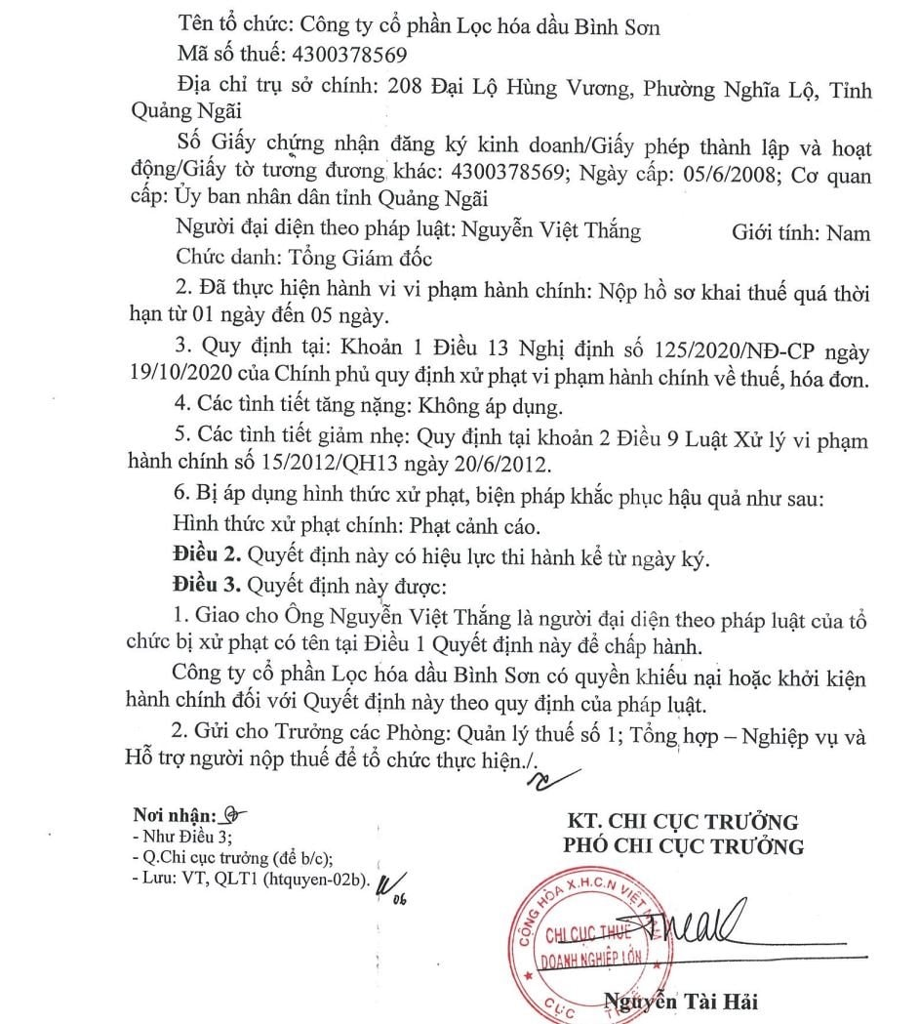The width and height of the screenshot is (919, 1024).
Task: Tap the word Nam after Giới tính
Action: coord(848,233)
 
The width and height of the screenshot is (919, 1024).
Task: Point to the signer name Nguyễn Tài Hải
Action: coord(680,1001)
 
